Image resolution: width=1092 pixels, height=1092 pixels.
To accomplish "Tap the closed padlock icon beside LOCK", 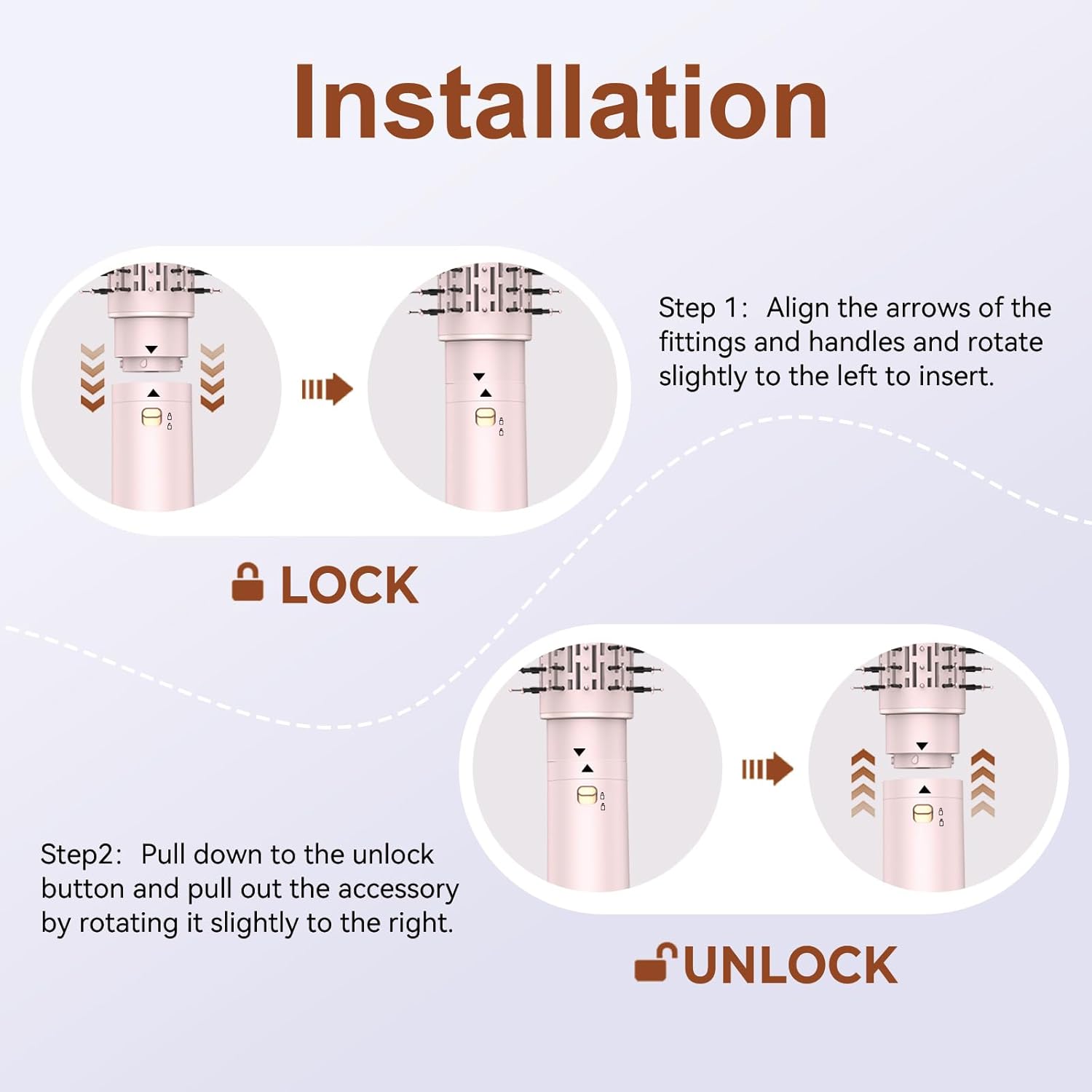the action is coord(248,582).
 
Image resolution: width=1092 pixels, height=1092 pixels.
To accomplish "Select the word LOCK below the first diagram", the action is coord(350,585).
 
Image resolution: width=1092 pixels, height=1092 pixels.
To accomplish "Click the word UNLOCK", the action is coord(791,965).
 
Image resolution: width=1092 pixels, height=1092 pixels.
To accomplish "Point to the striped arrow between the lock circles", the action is coord(328,389).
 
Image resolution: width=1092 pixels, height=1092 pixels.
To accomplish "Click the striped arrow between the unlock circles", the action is coord(767,769).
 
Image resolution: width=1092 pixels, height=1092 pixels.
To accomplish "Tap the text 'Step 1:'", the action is coord(703,309).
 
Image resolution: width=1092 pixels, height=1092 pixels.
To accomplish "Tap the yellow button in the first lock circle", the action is coord(151,418).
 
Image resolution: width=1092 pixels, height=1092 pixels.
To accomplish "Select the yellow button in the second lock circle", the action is coord(485,418).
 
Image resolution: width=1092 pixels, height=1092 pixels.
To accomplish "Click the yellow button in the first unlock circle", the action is coord(587,796).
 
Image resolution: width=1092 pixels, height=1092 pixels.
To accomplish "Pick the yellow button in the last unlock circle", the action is coord(923,813).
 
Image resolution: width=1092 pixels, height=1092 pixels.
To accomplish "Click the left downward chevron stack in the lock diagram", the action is coord(92,378).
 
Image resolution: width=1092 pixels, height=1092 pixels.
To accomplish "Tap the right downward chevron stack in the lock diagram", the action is coord(212,378).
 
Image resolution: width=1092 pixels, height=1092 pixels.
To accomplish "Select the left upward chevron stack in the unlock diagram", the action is coord(863,783).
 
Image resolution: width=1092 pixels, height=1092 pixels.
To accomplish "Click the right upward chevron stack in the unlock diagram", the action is coord(983,783).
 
